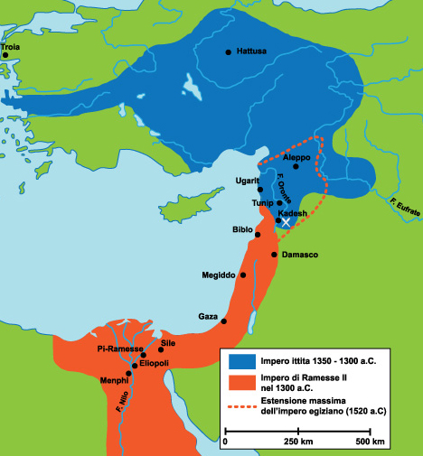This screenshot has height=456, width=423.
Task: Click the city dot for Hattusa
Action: [x=228, y=51]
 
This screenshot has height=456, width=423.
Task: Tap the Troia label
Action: [x=11, y=45]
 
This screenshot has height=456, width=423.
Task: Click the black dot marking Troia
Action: [x=5, y=55]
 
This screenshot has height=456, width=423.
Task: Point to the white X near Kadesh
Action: [x=286, y=221]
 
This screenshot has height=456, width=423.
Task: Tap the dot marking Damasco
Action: [x=274, y=255]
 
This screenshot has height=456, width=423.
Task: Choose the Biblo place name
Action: [x=242, y=229]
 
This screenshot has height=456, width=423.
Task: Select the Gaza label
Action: [x=208, y=316]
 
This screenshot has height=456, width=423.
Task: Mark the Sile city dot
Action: [x=161, y=349]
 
